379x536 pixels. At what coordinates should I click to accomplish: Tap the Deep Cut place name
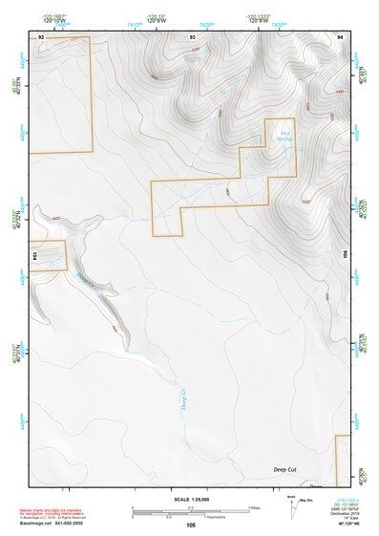click(x=285, y=470)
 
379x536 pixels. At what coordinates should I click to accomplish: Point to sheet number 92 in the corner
click(x=41, y=35)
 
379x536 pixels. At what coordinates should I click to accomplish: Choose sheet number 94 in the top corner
click(x=339, y=35)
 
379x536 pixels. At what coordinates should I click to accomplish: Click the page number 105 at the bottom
click(x=191, y=525)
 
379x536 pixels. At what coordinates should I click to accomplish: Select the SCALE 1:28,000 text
click(x=190, y=500)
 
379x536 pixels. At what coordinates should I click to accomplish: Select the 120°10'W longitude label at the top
click(x=56, y=20)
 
